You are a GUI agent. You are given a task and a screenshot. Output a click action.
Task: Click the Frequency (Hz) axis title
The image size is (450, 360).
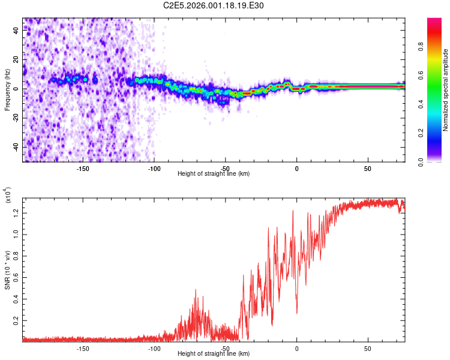[x=7, y=90]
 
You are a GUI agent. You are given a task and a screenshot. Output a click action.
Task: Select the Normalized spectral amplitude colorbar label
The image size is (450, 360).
[x=445, y=91]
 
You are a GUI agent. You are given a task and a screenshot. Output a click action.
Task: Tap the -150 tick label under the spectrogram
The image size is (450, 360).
[x=83, y=169]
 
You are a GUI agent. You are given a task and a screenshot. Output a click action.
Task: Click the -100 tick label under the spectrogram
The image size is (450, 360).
[x=154, y=169]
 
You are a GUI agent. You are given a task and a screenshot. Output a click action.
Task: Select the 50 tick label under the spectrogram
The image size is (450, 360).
[x=368, y=169]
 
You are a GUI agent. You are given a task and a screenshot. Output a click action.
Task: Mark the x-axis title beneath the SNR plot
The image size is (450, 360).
[x=214, y=354]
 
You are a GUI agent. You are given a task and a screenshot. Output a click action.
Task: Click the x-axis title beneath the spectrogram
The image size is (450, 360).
[x=214, y=174]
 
